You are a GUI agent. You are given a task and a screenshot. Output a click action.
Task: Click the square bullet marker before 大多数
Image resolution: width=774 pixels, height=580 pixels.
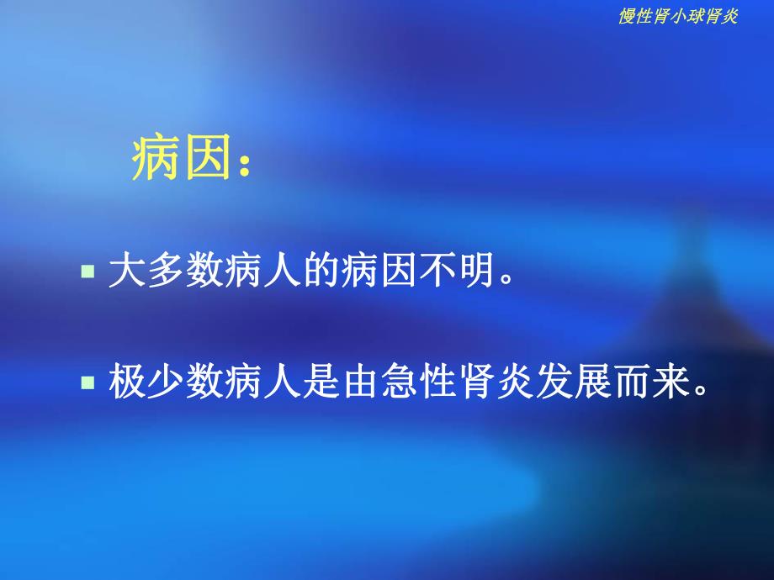(87, 273)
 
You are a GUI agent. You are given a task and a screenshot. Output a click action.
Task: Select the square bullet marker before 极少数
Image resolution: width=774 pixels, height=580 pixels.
(87, 382)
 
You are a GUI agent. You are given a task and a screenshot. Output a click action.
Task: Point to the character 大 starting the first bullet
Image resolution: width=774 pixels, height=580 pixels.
(126, 273)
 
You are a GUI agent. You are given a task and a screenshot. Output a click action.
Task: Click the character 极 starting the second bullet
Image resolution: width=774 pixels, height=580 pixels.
(126, 383)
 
